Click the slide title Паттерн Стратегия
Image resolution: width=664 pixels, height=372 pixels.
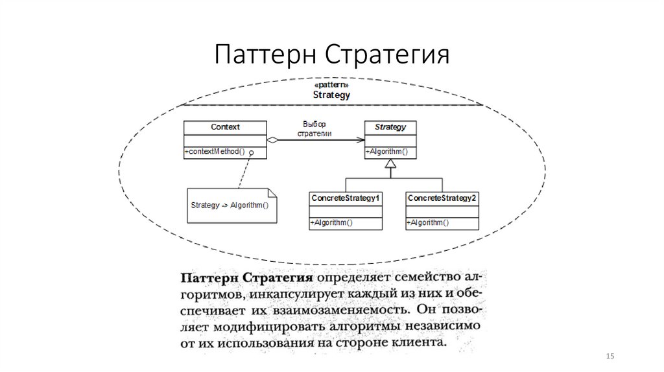[331, 54]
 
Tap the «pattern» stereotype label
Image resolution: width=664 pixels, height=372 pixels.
[331, 85]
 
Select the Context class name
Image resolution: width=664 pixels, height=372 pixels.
[225, 127]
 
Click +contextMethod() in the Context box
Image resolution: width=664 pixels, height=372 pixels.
[215, 152]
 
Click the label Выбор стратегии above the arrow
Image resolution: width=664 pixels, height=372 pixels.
[314, 128]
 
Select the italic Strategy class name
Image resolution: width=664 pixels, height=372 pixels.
[390, 127]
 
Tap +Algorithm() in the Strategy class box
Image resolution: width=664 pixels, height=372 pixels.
[386, 152]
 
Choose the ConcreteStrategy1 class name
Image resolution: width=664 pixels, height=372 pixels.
[345, 198]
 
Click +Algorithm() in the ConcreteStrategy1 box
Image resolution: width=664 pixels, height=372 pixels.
[331, 223]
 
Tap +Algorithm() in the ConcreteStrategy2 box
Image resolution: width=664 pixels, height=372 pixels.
[428, 223]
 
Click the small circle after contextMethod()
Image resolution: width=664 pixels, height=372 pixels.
[250, 152]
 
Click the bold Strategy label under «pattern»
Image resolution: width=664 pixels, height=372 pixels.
[331, 95]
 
